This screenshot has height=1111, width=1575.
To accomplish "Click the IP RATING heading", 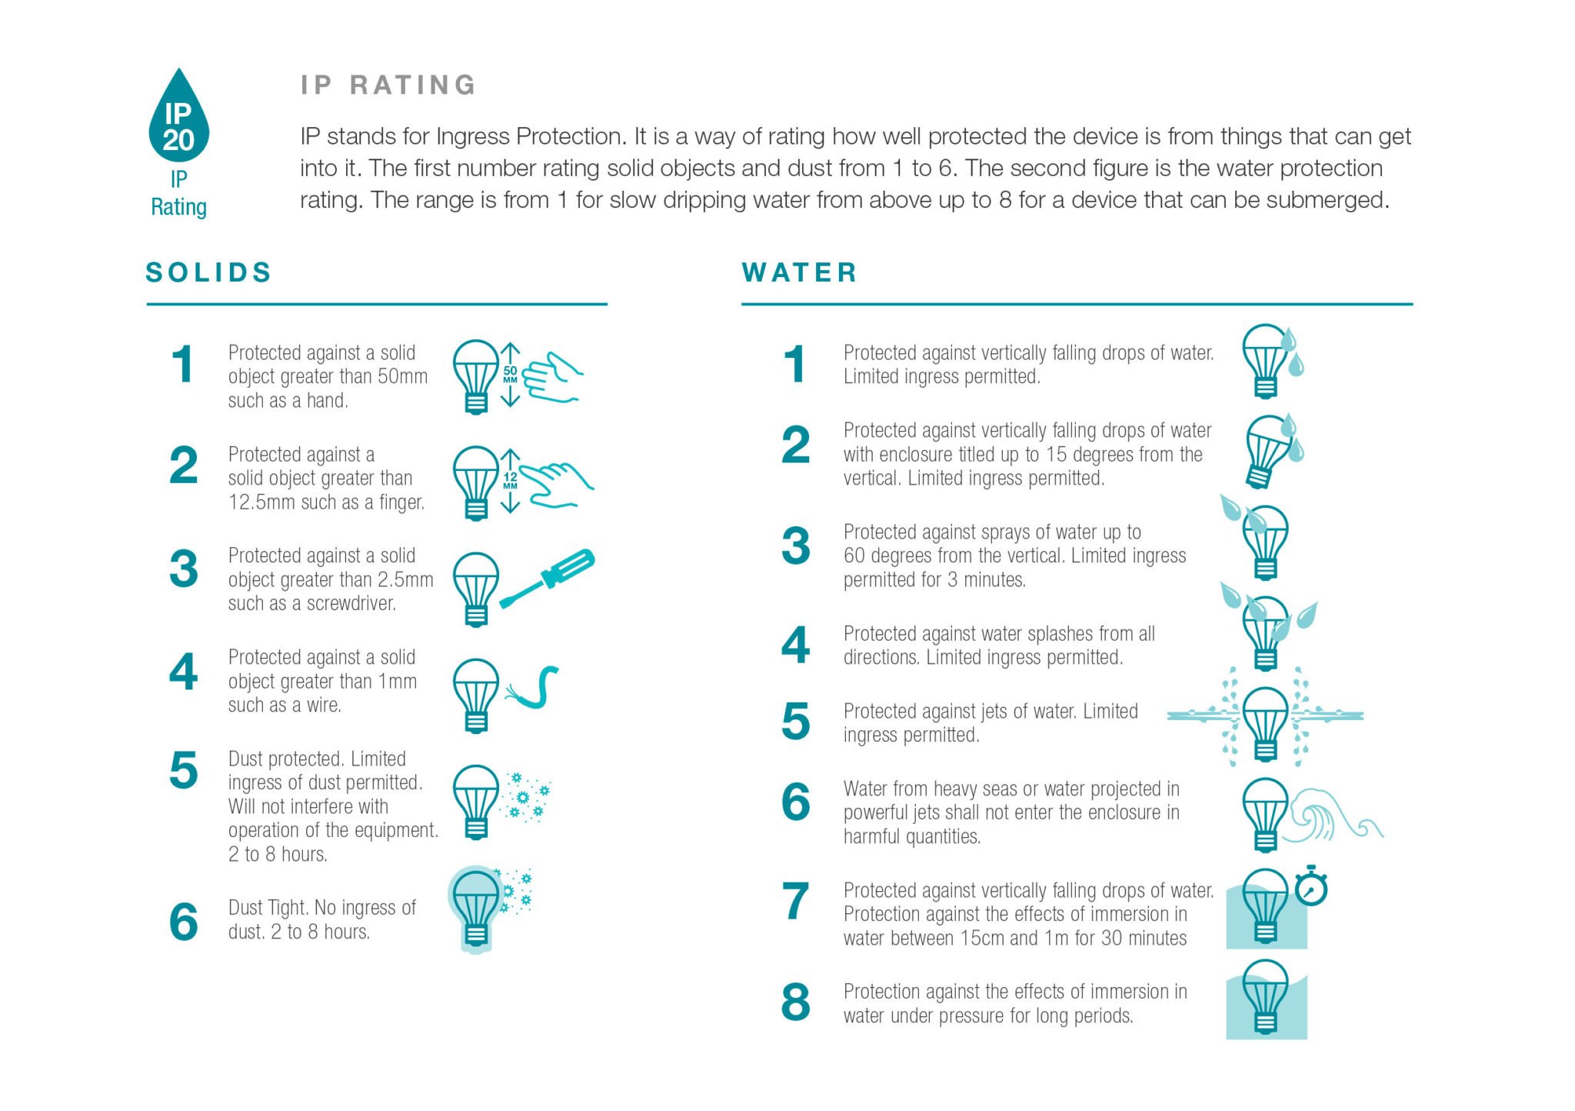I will coord(388,85).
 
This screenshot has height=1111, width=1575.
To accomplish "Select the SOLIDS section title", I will coord(208,272).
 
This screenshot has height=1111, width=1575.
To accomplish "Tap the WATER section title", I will coord(800,272).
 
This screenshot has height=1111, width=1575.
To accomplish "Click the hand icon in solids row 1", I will coord(551,377).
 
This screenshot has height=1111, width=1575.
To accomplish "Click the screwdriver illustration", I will coord(548,578).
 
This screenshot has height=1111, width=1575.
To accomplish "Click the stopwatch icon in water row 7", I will coord(1311,886).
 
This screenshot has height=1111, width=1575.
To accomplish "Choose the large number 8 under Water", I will coord(795,1002).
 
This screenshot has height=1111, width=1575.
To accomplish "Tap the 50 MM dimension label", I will coord(510,374).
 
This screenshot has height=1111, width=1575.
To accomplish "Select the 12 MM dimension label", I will coord(510,481).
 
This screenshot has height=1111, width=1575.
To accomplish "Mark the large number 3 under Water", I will coord(795,545).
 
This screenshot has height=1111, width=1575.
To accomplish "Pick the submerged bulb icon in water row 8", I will coord(1266,999).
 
